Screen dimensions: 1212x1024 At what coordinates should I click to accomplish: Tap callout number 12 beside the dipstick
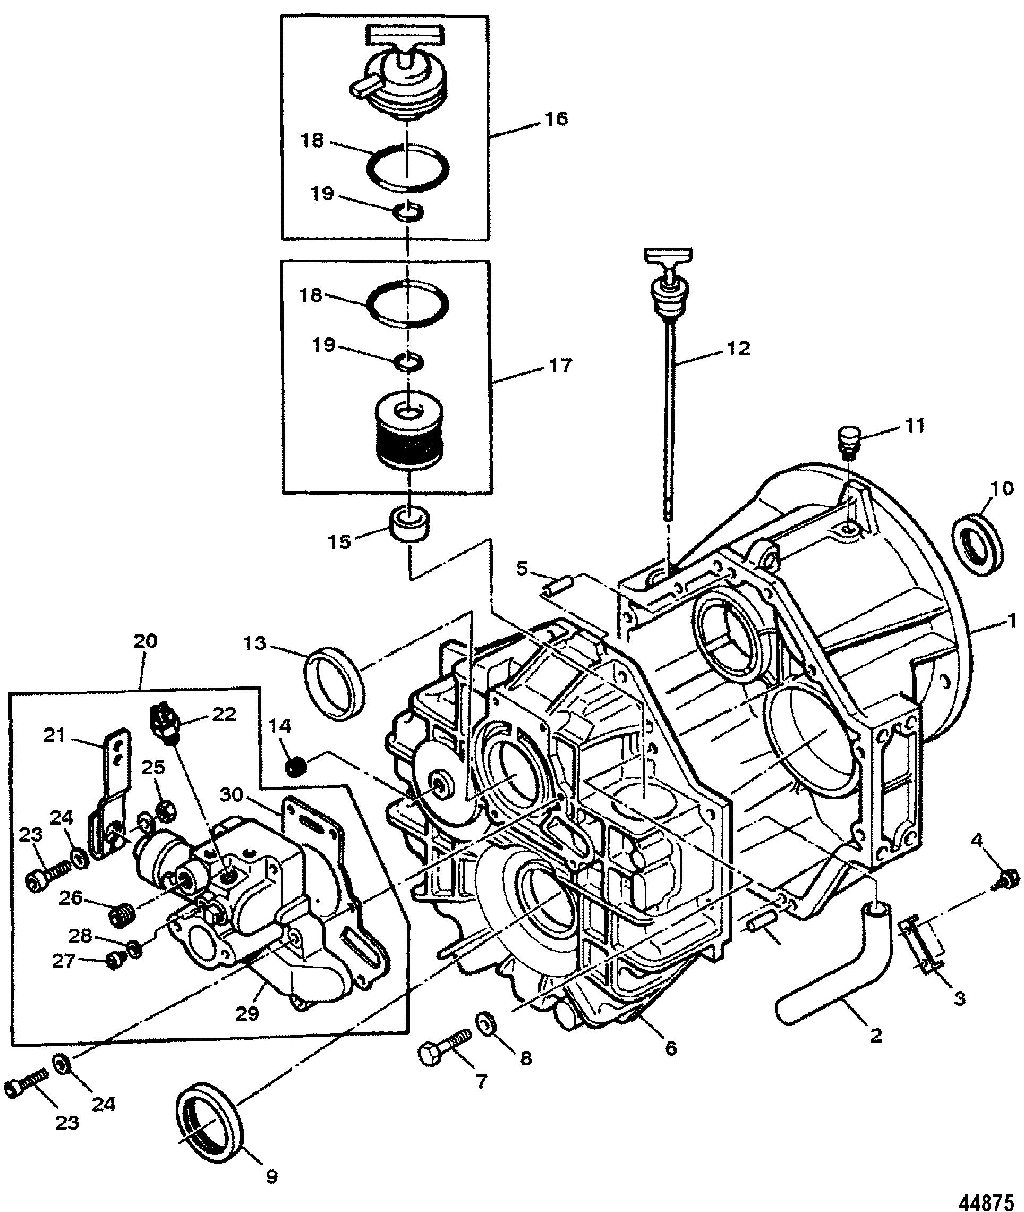738,349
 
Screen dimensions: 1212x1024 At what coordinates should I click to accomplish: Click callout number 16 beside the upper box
556,119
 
